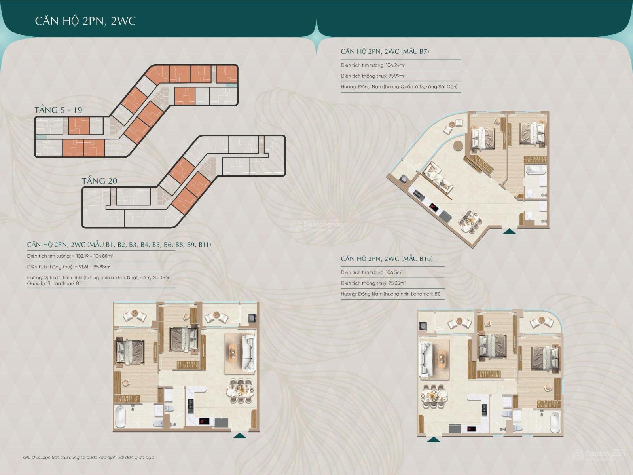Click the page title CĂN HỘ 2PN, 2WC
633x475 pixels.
[x=85, y=21]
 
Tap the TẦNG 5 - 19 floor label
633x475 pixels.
[x=58, y=110]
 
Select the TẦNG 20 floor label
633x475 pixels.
[x=99, y=181]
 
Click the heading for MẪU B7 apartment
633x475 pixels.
[x=385, y=51]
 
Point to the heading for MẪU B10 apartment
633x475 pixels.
[x=387, y=259]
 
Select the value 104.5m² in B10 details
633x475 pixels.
[x=394, y=272]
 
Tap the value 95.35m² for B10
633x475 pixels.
[x=397, y=283]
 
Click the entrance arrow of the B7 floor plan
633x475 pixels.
[x=509, y=231]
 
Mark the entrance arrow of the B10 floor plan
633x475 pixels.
[x=434, y=439]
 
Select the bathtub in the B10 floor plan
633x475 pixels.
[x=555, y=422]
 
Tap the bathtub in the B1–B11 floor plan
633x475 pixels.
[x=120, y=417]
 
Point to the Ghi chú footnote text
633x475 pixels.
[x=89, y=458]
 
